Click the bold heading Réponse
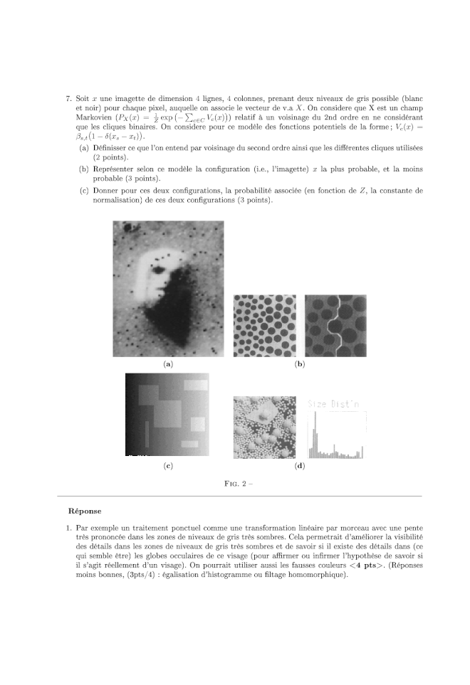[84, 510]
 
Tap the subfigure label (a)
[168, 364]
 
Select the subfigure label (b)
[300, 364]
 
